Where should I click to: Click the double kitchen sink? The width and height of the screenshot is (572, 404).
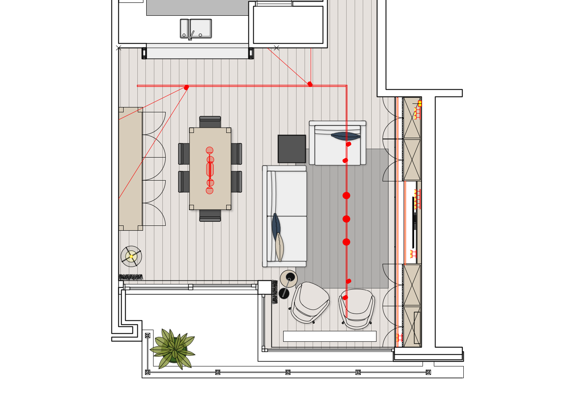(x=196, y=28)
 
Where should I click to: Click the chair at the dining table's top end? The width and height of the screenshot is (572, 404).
(x=210, y=122)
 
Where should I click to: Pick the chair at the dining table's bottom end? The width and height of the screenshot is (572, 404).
(x=210, y=216)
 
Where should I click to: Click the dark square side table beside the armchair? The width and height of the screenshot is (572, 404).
(x=292, y=149)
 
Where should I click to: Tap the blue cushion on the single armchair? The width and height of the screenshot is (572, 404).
(x=345, y=136)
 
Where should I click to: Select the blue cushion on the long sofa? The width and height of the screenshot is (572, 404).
(x=276, y=226)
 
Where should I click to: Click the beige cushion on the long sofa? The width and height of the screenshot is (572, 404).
(x=279, y=247)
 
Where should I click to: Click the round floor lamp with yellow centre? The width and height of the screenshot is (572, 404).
(x=131, y=256)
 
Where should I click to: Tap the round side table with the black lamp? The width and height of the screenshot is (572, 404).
(x=288, y=279)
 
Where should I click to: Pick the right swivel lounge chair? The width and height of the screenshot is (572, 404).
(x=357, y=308)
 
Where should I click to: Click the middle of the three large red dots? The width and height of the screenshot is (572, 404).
(x=346, y=219)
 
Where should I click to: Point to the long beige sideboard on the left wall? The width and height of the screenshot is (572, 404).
(x=130, y=169)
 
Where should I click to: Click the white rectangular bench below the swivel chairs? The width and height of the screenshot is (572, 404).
(x=330, y=336)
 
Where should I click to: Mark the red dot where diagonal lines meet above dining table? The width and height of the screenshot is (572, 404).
(x=186, y=87)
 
